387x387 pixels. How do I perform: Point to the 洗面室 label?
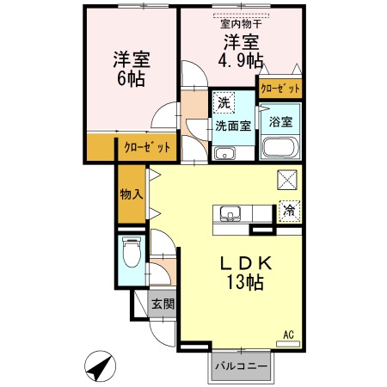pos(232,126)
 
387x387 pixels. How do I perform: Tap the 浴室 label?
pos(280,121)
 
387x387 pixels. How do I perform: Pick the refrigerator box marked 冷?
pos(289,208)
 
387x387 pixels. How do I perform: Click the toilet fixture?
pos(132,253)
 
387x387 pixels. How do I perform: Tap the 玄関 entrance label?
pos(163,304)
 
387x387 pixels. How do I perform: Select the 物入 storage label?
pos(131,193)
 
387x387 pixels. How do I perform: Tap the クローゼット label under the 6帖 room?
pos(147,147)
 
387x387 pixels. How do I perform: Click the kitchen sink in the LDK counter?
pos(230,213)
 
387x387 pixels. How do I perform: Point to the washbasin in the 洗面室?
pos(226,155)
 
